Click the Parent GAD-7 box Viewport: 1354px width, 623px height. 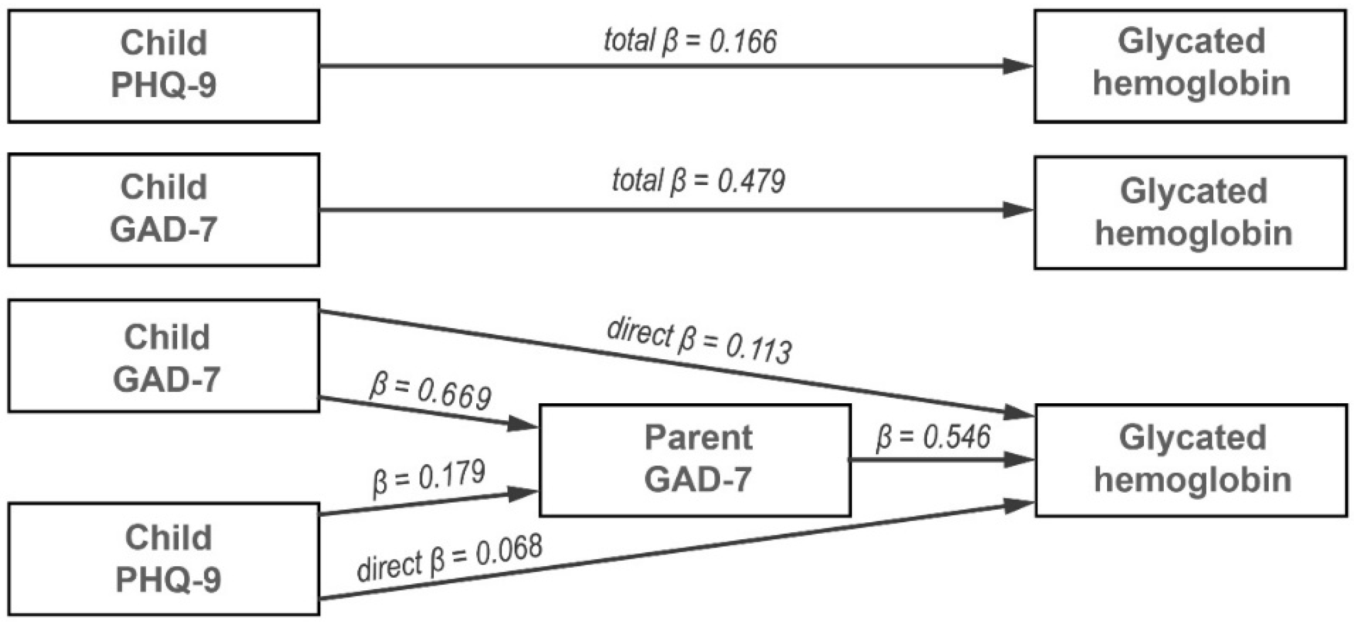(694, 460)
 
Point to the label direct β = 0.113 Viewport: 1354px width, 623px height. (699, 342)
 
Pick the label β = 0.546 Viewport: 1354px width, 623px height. (933, 437)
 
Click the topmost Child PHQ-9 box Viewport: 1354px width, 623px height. (163, 66)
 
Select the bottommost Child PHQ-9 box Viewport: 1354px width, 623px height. (163, 559)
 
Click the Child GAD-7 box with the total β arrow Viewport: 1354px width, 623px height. (163, 209)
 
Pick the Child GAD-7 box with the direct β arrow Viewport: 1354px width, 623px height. (163, 356)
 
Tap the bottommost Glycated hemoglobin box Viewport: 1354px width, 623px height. (1192, 460)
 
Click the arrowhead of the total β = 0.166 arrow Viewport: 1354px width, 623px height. (1017, 66)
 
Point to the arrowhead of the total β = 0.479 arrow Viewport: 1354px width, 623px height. (1017, 210)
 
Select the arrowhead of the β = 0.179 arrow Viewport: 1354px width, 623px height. (522, 494)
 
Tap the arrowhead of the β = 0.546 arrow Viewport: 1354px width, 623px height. (1019, 460)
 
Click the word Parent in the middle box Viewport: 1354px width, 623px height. (698, 438)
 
